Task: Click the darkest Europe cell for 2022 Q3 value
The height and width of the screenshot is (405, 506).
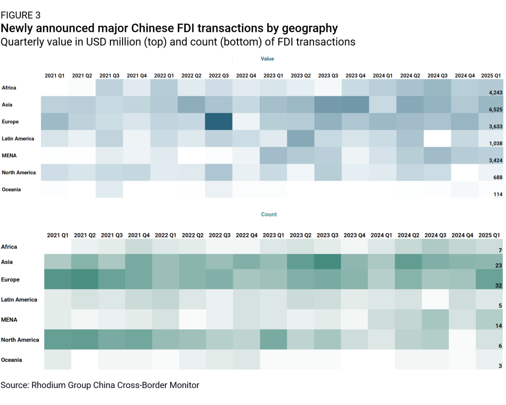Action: pos(219,121)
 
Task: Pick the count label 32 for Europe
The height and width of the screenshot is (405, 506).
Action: pos(498,286)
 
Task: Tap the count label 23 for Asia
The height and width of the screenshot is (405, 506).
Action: pos(498,265)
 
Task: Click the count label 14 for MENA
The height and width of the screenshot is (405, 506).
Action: pos(498,326)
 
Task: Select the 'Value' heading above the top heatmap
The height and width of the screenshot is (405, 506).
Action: pos(267,59)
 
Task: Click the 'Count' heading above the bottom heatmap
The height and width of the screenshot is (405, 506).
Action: pos(269,214)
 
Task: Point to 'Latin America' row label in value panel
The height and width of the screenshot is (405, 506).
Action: pos(18,139)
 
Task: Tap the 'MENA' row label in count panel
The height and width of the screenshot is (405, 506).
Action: pos(10,319)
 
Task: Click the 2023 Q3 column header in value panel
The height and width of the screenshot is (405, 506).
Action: pos(328,76)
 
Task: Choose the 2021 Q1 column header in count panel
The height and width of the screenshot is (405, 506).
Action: pos(58,235)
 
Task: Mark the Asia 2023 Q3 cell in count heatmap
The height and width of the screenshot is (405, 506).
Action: pos(327,262)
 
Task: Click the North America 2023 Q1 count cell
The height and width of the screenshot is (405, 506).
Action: pos(273,339)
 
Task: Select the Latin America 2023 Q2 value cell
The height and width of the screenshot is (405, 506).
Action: pos(300,139)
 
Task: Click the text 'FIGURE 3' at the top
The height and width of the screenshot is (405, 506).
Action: pos(20,15)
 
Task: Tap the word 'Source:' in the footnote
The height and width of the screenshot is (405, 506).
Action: pos(15,385)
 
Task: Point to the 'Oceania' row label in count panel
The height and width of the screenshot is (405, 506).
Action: pos(12,359)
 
